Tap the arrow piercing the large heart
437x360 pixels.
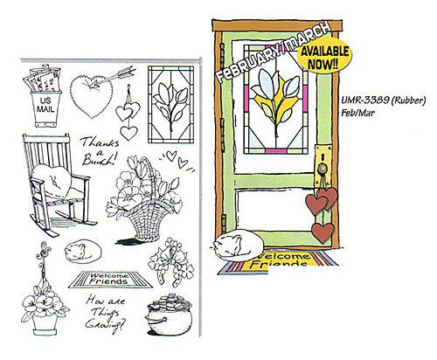[113, 76]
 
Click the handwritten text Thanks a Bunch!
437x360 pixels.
[100, 151]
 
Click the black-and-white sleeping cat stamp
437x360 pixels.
[83, 251]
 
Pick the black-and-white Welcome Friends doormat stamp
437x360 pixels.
[110, 280]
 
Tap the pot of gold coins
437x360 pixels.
[169, 315]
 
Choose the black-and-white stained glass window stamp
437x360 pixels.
[170, 105]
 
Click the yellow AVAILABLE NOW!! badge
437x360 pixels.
[324, 58]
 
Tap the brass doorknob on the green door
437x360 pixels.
[323, 168]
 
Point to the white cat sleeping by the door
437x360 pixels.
[239, 245]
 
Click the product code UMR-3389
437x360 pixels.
[365, 100]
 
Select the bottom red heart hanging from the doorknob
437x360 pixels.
[323, 232]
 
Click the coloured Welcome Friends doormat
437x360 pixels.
[277, 262]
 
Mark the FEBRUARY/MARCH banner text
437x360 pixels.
[274, 52]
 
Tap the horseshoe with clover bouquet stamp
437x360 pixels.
[171, 261]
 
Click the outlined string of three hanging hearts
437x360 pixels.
[128, 114]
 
